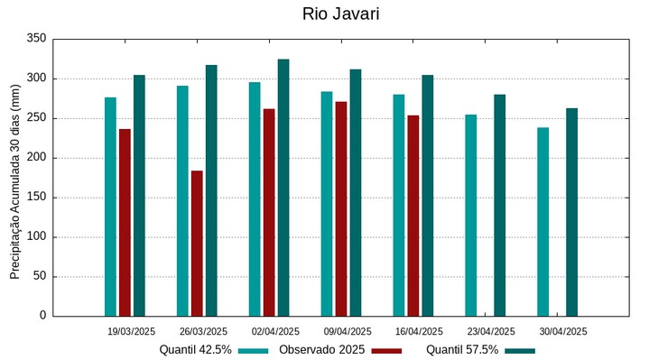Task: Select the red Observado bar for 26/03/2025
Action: (x=197, y=243)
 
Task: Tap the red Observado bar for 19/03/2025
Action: (x=125, y=222)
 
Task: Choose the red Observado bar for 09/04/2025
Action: (x=341, y=208)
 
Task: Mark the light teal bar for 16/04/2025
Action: (x=398, y=205)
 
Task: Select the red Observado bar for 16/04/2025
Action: (x=413, y=216)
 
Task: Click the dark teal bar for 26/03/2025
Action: (x=211, y=190)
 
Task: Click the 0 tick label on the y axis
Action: (x=42, y=316)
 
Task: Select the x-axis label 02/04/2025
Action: (x=275, y=331)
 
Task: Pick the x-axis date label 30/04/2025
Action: (x=563, y=331)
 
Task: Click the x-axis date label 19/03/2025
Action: (x=131, y=331)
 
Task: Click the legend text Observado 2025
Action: (x=321, y=350)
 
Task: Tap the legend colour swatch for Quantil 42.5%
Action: (x=254, y=350)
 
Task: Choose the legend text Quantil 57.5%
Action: (x=462, y=350)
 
